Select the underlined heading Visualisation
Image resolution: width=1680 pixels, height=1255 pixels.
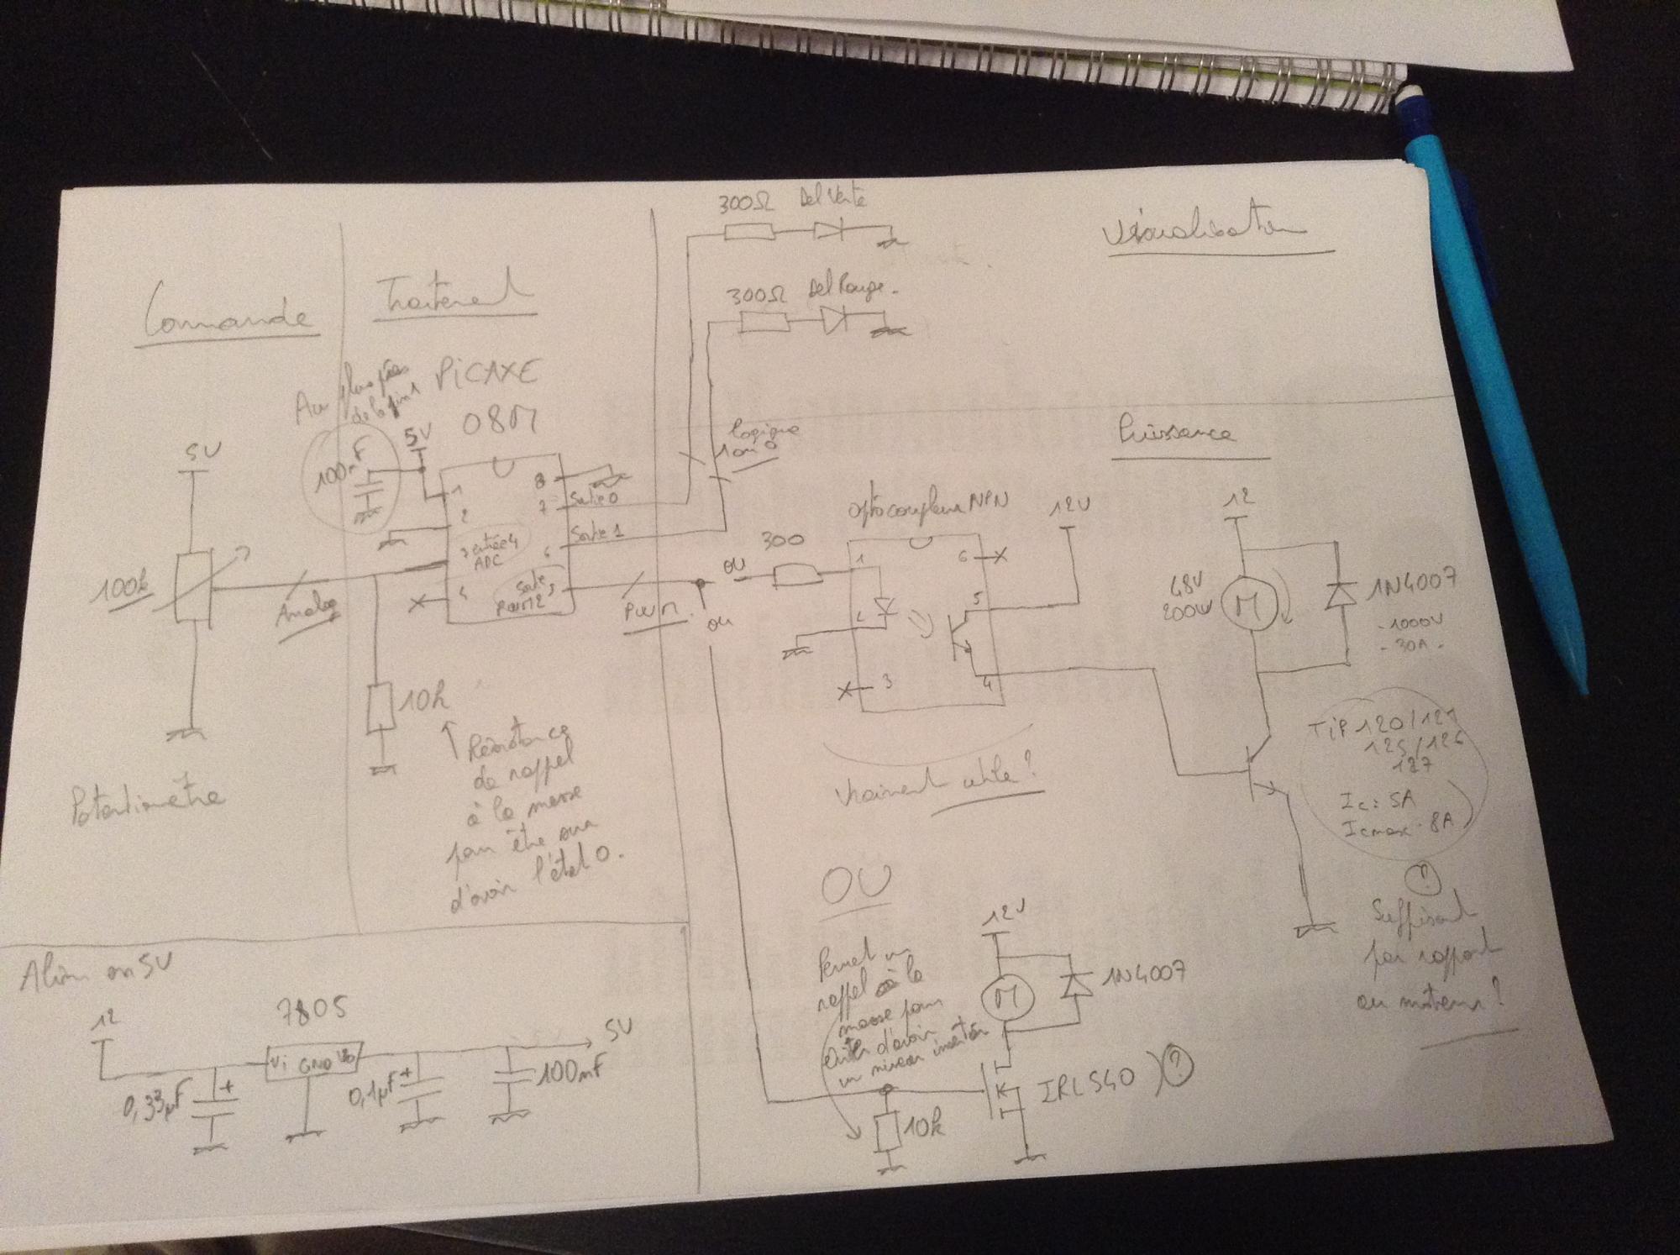coord(1203,233)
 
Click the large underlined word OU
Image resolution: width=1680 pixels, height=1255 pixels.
coord(856,885)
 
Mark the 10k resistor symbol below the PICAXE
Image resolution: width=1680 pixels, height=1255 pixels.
coord(381,707)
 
